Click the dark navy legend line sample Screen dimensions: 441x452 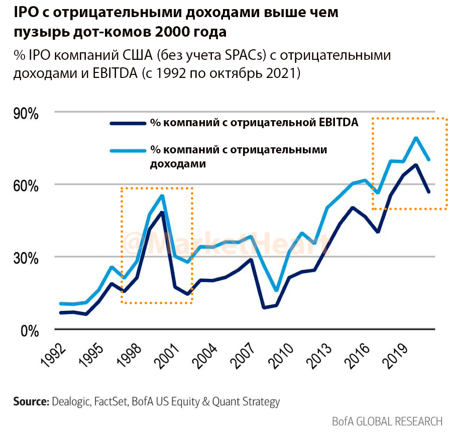[x=127, y=122]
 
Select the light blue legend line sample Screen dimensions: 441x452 [x=127, y=149]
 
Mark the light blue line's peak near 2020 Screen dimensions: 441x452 [x=416, y=138]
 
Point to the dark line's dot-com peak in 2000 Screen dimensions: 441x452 [x=162, y=212]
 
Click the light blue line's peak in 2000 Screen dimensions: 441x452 [x=162, y=196]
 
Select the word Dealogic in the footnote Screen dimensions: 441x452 [x=71, y=402]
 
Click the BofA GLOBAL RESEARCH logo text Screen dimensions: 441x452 [x=387, y=421]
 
